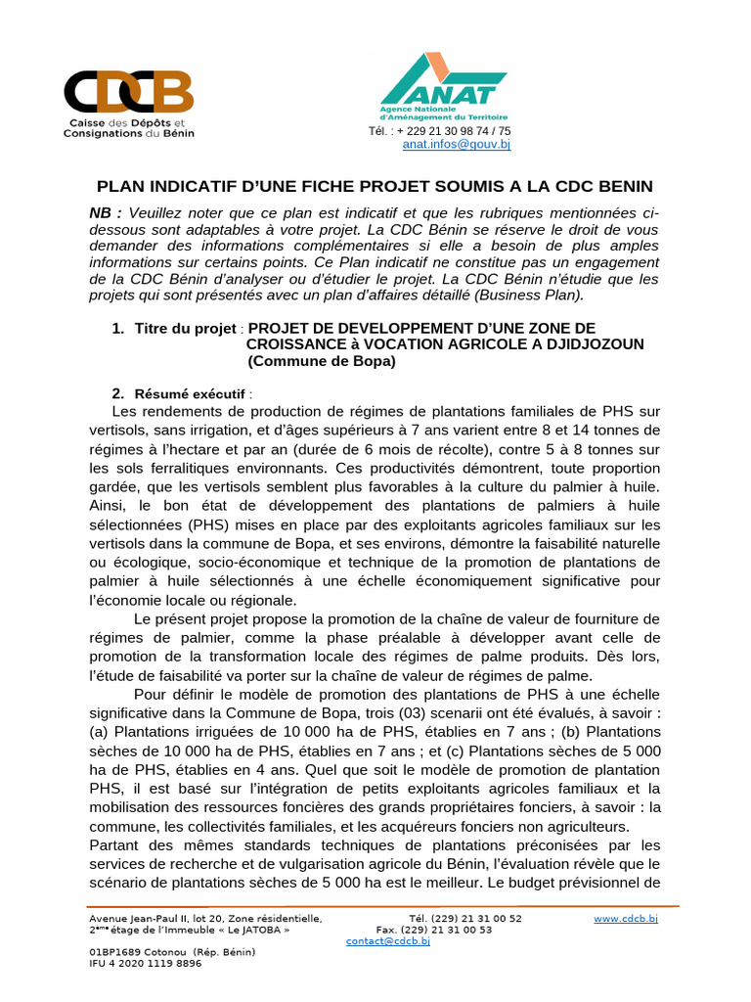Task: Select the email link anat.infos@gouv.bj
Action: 457,144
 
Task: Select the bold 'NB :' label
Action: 106,213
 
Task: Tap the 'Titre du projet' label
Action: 186,328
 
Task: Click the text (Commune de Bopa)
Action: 322,361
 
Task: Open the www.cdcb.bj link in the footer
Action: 626,919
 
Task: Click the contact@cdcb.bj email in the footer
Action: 388,941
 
